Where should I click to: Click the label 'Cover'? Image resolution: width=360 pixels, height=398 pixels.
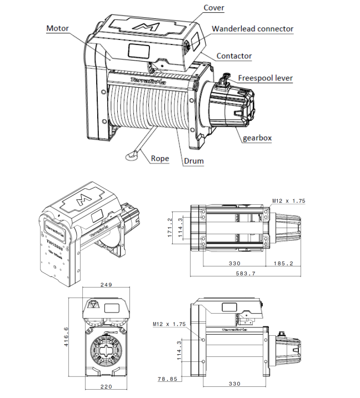214,8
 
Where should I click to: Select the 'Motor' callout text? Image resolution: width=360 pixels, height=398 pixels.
57,28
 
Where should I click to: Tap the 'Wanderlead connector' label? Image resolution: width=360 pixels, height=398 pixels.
252,29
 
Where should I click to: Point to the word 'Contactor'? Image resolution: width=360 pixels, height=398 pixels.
234,56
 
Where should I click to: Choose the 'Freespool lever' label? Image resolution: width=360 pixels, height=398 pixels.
265,78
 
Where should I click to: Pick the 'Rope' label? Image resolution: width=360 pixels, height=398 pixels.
159,158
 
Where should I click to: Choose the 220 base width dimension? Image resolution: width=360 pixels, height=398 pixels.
107,386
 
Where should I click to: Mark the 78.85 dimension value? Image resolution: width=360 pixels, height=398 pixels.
168,380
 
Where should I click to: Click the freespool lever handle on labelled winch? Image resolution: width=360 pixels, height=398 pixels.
226,78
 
